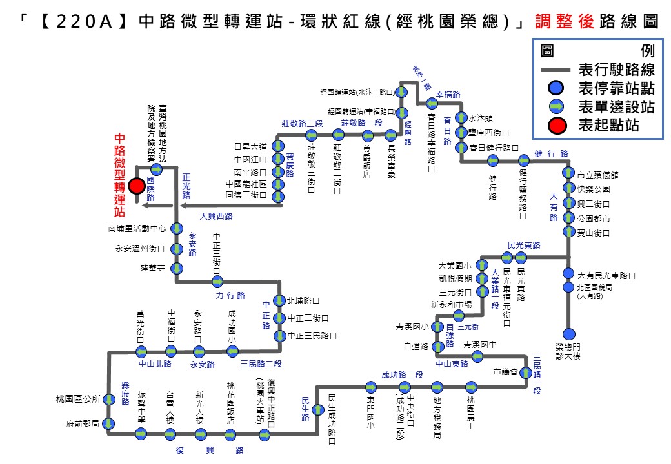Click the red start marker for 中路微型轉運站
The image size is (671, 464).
click(136, 186)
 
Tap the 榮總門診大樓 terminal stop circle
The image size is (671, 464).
click(568, 334)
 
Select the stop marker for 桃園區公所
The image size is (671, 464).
click(109, 399)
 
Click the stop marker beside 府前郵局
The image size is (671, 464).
click(109, 424)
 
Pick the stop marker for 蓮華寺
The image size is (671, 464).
click(176, 267)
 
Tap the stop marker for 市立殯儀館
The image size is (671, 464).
click(568, 173)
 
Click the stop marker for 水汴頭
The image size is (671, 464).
click(461, 118)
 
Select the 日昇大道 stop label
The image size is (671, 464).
click(250, 146)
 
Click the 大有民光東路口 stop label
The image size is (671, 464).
click(606, 275)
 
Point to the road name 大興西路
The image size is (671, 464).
click(215, 217)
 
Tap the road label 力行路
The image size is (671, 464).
click(230, 295)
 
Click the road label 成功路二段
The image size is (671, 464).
click(402, 375)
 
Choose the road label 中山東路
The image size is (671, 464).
click(451, 363)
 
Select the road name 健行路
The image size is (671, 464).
click(551, 154)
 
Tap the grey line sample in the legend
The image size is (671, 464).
click(556, 69)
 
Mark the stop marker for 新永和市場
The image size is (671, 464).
click(459, 315)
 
